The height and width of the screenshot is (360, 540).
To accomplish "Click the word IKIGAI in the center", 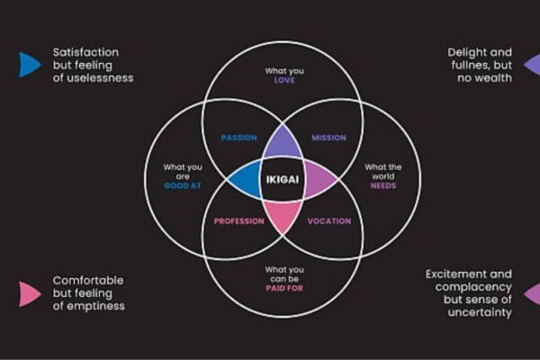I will (x=281, y=181).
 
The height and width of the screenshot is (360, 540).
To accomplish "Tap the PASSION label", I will (x=238, y=138).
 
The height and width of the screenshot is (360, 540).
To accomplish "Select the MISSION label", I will (x=328, y=138).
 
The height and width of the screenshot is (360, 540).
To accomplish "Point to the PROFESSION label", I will (x=238, y=221).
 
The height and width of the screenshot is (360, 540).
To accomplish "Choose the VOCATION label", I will (x=328, y=221).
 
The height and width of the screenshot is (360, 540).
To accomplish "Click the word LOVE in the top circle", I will (x=284, y=80).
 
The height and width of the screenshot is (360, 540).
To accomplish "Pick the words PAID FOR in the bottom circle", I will (x=284, y=289).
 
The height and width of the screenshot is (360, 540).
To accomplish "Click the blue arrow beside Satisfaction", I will (x=29, y=64).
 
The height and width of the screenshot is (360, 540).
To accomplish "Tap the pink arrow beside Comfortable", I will (x=29, y=293).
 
